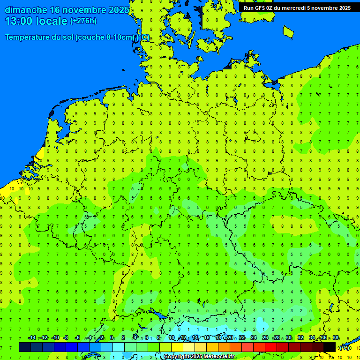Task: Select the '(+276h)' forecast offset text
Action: click(x=83, y=21)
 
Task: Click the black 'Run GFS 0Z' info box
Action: click(x=297, y=7)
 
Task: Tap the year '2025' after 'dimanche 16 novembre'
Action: click(x=118, y=10)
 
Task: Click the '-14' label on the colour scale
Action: click(x=32, y=337)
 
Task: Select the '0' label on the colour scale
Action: click(x=112, y=337)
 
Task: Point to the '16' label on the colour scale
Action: click(x=207, y=337)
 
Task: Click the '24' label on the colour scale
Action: click(x=254, y=337)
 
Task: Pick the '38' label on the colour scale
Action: click(x=336, y=337)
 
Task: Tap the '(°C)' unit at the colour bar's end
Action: click(x=344, y=347)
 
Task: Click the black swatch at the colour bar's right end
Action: click(x=330, y=347)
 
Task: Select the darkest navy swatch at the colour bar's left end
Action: click(x=25, y=347)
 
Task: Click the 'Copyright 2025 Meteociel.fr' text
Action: click(x=199, y=356)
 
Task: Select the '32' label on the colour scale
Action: click(x=300, y=337)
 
